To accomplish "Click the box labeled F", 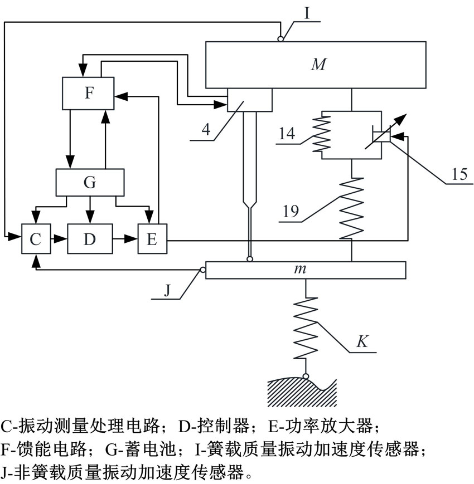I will pos(88,93).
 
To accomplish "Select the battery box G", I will pos(90,182).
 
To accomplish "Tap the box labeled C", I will pos(35,239).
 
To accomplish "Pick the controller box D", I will pos(90,239).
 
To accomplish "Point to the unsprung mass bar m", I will pos(305,270).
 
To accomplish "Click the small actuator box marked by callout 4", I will pos(250,100).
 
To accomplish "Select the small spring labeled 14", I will pos(323,134).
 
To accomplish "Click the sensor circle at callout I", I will pos(280,38).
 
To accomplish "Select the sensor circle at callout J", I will pos(203,271).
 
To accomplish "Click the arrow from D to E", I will pos(125,239).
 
